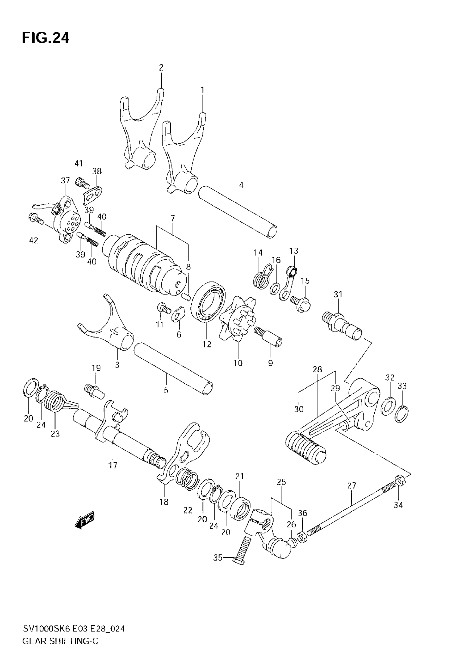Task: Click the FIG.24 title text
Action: coord(45,38)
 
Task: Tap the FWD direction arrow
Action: coord(85,521)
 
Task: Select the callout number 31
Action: coord(338,295)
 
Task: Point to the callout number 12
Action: coord(207,344)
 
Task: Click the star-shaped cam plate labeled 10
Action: coord(238,319)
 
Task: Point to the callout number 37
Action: coord(65,180)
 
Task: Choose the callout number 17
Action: coord(113,465)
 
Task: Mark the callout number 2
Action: coord(161,68)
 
